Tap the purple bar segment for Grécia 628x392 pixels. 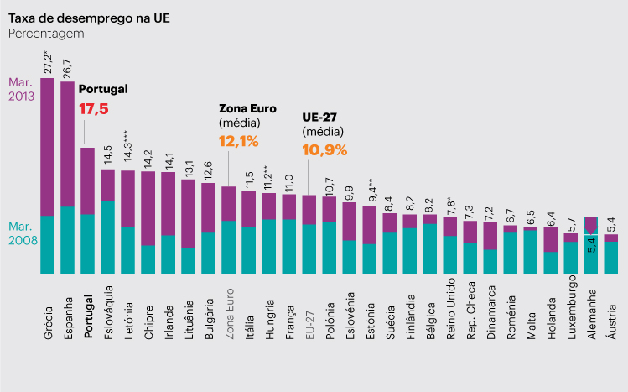click(47, 147)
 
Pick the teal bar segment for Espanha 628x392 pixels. click(67, 240)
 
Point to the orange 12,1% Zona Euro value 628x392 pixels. click(238, 141)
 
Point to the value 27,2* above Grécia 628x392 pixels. click(48, 61)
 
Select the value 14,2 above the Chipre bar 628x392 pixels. click(148, 158)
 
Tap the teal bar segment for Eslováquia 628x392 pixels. click(108, 237)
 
